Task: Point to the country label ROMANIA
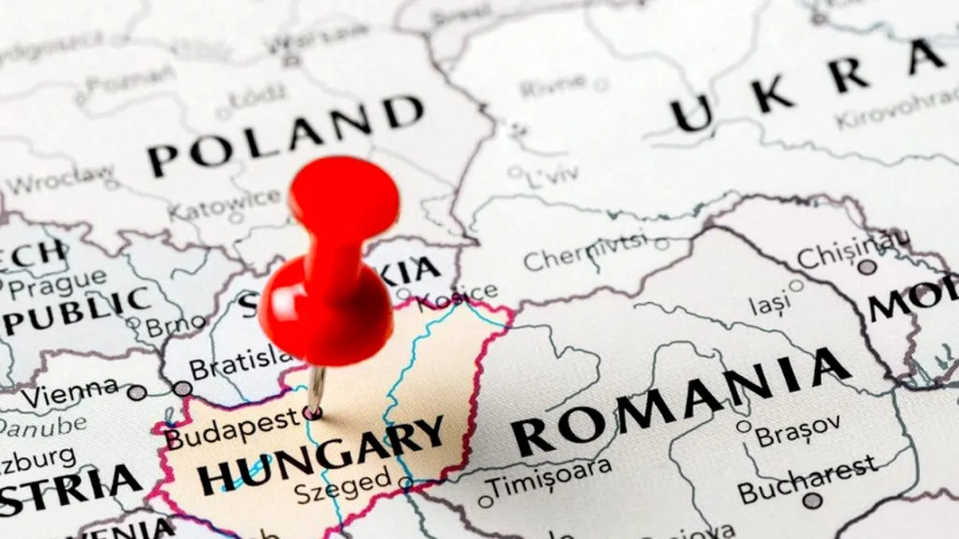point(680,401)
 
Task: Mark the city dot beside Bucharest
point(811,501)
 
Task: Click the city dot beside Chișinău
point(867,267)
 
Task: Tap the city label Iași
point(770,303)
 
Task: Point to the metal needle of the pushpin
point(316,390)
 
